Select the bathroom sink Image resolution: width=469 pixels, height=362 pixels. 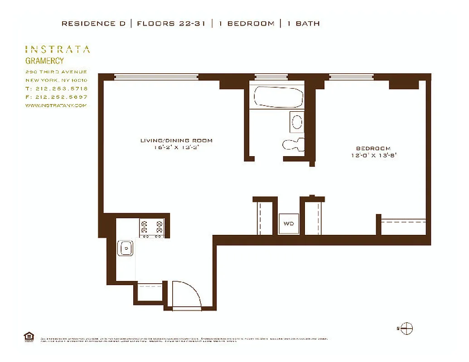pos(297,122)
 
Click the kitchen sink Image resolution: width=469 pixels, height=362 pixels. pos(125,248)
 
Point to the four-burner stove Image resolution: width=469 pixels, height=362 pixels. pos(152,227)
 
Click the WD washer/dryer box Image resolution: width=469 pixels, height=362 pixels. pos(288,224)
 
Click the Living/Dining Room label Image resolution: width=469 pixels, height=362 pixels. pos(176,141)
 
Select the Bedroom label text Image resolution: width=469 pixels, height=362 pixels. pos(373,148)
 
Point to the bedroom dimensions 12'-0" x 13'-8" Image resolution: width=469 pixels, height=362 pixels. pos(373,155)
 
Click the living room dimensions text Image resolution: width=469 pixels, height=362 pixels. pos(176,147)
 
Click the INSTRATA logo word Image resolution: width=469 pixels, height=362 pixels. pos(57,49)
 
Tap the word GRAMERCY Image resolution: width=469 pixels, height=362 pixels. pos(44,61)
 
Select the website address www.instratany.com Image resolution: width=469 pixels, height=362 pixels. pos(56,105)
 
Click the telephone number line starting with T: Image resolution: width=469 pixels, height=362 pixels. pos(57,89)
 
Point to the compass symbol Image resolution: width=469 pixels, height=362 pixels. pos(406,329)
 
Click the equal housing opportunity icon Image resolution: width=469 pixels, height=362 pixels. pos(28,336)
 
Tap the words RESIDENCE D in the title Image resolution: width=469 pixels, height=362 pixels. pos(94,24)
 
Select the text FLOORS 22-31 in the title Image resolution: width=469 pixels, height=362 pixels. pos(171,24)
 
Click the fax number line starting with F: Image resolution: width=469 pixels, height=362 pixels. pos(57,97)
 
